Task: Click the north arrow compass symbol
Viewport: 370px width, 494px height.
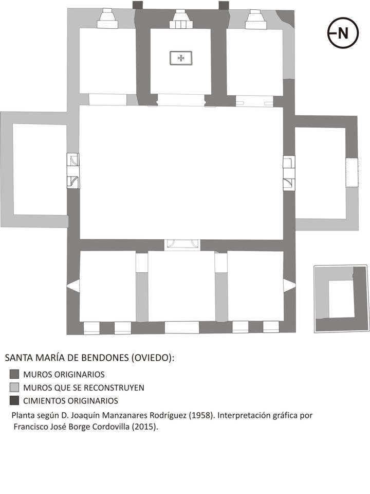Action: (x=342, y=33)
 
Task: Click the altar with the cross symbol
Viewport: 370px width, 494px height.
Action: (x=180, y=58)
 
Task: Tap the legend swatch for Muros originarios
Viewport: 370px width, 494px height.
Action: (x=14, y=375)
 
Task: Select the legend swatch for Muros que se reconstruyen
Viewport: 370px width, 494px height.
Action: (x=14, y=387)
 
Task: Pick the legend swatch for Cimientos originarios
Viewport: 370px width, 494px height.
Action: (x=14, y=400)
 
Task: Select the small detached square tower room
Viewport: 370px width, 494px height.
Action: (x=341, y=299)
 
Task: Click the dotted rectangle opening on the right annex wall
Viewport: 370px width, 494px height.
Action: (x=351, y=173)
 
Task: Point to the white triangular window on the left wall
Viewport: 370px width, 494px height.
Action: (x=73, y=286)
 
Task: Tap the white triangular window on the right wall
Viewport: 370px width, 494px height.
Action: (x=290, y=286)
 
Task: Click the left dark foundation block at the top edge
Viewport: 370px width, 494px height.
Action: (x=137, y=5)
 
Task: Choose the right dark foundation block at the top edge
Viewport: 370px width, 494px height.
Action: (x=224, y=5)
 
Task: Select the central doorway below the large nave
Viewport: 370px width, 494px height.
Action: (x=182, y=244)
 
